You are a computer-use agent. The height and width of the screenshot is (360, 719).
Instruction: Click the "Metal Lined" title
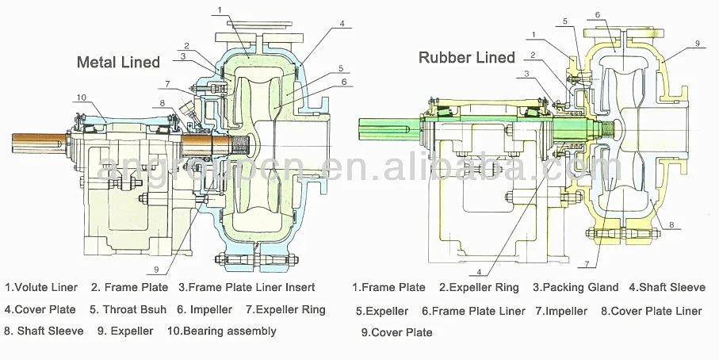pyautogui.click(x=118, y=62)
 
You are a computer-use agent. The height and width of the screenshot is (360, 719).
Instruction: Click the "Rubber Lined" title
pyautogui.click(x=467, y=57)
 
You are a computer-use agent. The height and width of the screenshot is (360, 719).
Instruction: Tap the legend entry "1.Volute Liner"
pyautogui.click(x=41, y=287)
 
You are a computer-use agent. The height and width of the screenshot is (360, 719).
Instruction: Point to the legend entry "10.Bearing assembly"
pyautogui.click(x=222, y=331)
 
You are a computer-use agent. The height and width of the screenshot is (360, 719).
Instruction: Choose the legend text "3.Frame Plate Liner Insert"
pyautogui.click(x=247, y=287)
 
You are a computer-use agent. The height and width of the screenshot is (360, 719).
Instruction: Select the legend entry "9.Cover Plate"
pyautogui.click(x=397, y=333)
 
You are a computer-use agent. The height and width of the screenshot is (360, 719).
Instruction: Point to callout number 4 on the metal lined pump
pyautogui.click(x=342, y=24)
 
